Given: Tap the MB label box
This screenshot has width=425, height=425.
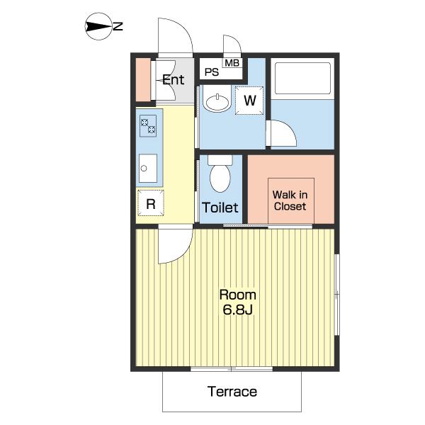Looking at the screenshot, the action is coord(232,62).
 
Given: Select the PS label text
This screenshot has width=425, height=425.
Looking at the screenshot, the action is coord(212,72).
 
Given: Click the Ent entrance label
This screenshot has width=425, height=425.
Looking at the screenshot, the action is coord(174,79).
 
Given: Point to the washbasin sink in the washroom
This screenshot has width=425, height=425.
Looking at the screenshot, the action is coord(217,102).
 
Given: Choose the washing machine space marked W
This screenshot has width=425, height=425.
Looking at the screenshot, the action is coord(249,101).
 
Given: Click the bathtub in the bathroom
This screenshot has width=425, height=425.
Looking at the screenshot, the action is coord(302,79).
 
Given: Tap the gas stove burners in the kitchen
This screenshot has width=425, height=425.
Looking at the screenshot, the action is coord(148,126).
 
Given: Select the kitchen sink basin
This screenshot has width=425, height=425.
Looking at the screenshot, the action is coord(148,169).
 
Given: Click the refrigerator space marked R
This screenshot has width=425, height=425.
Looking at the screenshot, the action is coord(151,203).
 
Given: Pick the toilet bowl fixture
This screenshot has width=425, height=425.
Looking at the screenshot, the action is coord(220,174).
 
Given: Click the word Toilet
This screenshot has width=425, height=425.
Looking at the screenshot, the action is coord(220,208).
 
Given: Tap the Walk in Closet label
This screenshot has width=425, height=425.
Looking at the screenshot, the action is coord(290,200).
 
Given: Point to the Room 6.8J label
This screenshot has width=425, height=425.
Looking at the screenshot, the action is coord(238,302).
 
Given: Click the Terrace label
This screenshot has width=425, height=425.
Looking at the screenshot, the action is coord(232,392).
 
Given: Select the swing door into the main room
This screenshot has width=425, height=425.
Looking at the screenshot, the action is coord(176,244).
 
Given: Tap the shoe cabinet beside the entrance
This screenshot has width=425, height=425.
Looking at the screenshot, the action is coord(143,79).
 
